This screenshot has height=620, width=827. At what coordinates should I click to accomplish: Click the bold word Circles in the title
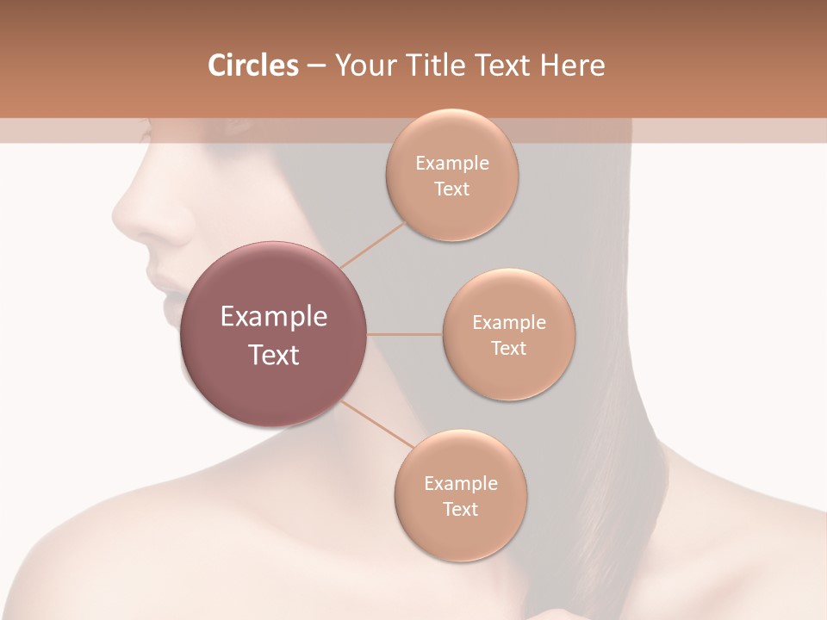point(252,65)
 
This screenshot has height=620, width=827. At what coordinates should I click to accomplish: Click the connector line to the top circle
point(372,245)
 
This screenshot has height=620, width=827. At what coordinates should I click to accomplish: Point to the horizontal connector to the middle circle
point(405,334)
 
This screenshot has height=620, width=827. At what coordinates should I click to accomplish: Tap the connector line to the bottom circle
point(376,425)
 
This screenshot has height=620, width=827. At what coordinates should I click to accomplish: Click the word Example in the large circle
point(274,317)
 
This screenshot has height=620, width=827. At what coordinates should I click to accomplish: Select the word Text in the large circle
point(274,355)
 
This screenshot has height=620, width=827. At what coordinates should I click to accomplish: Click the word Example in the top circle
point(451,164)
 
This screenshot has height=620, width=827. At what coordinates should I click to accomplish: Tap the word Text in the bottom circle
point(460,509)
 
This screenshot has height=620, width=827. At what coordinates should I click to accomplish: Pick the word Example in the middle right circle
point(508,323)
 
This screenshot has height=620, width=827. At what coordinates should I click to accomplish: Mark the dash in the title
point(315,66)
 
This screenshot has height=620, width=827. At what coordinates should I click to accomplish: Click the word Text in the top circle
point(451,189)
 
